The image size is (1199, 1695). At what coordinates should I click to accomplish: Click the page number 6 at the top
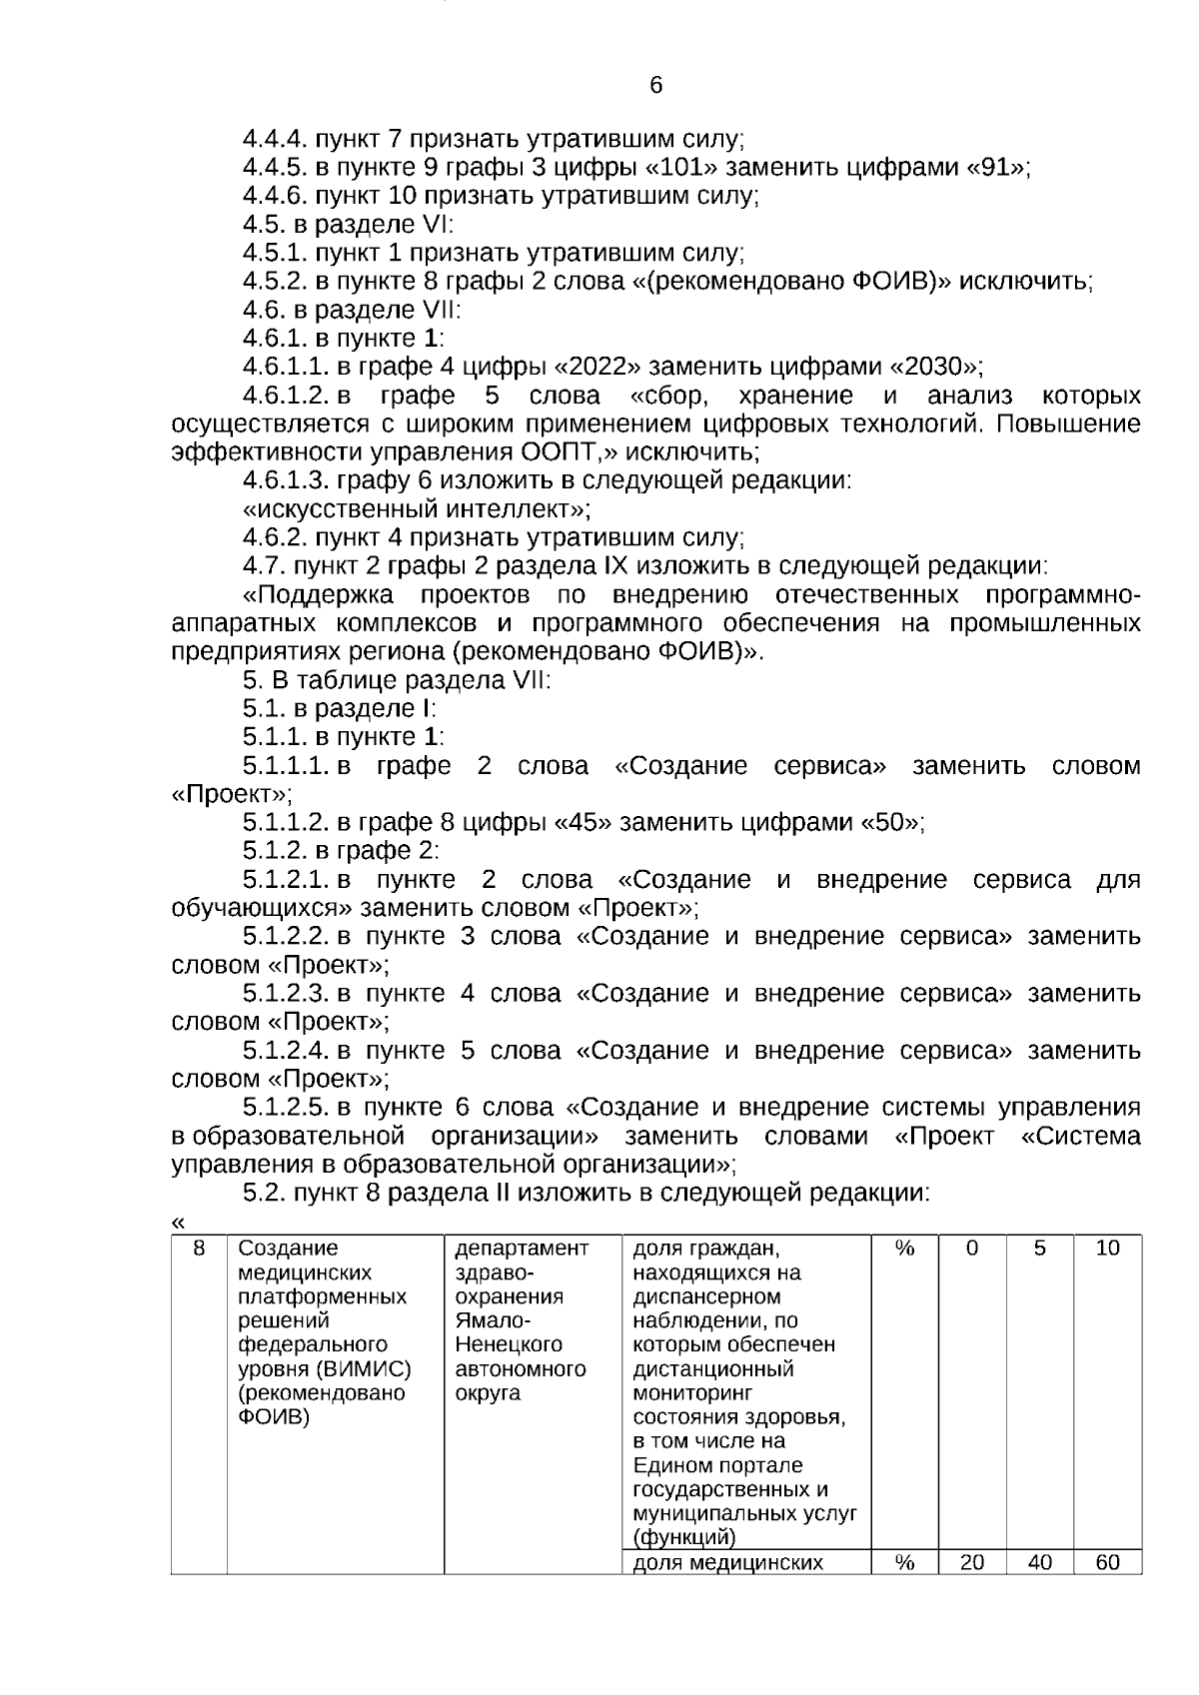655,86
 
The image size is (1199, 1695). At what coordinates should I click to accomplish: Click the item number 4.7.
264,566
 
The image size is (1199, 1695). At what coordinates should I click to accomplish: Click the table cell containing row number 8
199,1249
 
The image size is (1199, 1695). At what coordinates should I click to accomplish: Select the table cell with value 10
1107,1249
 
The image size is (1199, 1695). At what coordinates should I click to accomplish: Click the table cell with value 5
1039,1249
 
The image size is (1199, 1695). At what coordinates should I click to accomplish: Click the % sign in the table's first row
904,1249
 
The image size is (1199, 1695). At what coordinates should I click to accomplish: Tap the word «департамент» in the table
522,1249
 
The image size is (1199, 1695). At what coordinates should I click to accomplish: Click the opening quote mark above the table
178,1222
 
